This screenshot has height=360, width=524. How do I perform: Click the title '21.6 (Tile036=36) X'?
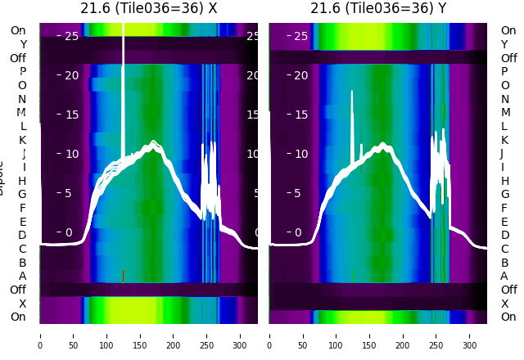tap(148, 8)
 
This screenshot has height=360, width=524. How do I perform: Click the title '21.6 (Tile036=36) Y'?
tap(378, 8)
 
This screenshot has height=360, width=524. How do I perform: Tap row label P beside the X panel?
tap(22, 71)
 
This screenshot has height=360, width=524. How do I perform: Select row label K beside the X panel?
tap(22, 140)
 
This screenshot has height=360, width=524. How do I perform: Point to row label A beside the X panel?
tap(22, 276)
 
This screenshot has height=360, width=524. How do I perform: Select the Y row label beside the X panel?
tap(22, 44)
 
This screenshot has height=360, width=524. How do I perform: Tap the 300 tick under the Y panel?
tap(470, 335)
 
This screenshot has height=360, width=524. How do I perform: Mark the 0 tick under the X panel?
tap(40, 335)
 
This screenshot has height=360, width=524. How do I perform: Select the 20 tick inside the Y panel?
tap(300, 75)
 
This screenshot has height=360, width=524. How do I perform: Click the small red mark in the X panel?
tap(123, 275)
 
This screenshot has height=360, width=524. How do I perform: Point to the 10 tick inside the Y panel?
tap(300, 154)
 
